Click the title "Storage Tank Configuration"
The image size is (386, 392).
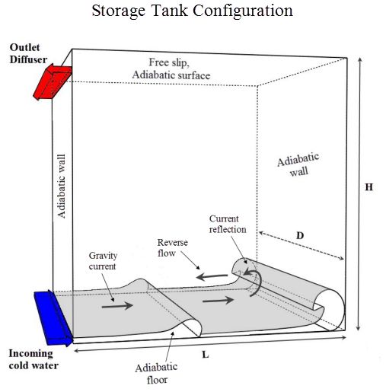[192, 11]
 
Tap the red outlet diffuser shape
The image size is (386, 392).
[53, 81]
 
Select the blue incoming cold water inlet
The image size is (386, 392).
[53, 318]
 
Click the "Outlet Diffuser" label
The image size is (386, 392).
[28, 53]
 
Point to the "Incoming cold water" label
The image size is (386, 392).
[33, 359]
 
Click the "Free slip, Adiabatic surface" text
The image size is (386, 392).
[171, 69]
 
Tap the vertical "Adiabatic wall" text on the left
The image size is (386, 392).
[62, 186]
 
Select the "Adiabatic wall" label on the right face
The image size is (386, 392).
[298, 164]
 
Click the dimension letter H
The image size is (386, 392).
[368, 187]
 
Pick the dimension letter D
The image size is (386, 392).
[300, 236]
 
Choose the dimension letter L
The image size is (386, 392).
[206, 355]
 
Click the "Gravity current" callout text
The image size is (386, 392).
[103, 261]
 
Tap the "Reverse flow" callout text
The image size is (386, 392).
[172, 247]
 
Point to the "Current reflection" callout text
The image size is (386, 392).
[228, 224]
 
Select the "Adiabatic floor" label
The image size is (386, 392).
[156, 374]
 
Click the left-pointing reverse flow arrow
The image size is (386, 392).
[212, 276]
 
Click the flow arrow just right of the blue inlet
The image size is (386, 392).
[117, 306]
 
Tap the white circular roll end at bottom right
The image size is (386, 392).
[330, 310]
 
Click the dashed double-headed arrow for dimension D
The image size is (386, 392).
[301, 246]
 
